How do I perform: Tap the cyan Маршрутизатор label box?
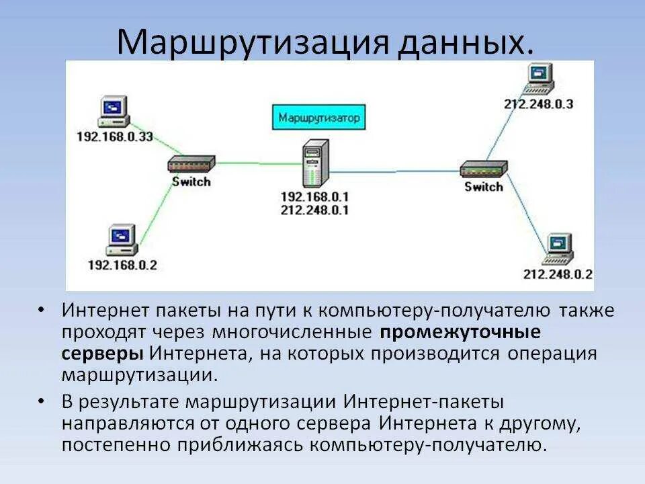coord(319,118)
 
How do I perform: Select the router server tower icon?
coord(314,163)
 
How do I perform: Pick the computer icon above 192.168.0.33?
coord(112,112)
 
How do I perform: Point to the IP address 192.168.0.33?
coord(115,137)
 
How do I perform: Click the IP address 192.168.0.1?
coord(316,197)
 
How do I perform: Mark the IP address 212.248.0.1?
coord(316,210)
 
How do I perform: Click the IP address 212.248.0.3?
coord(538,104)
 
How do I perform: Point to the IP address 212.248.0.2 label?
coord(558,274)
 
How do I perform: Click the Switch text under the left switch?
coord(191,182)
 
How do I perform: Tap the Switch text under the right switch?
coord(484,187)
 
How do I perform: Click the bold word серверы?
coord(102,353)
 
